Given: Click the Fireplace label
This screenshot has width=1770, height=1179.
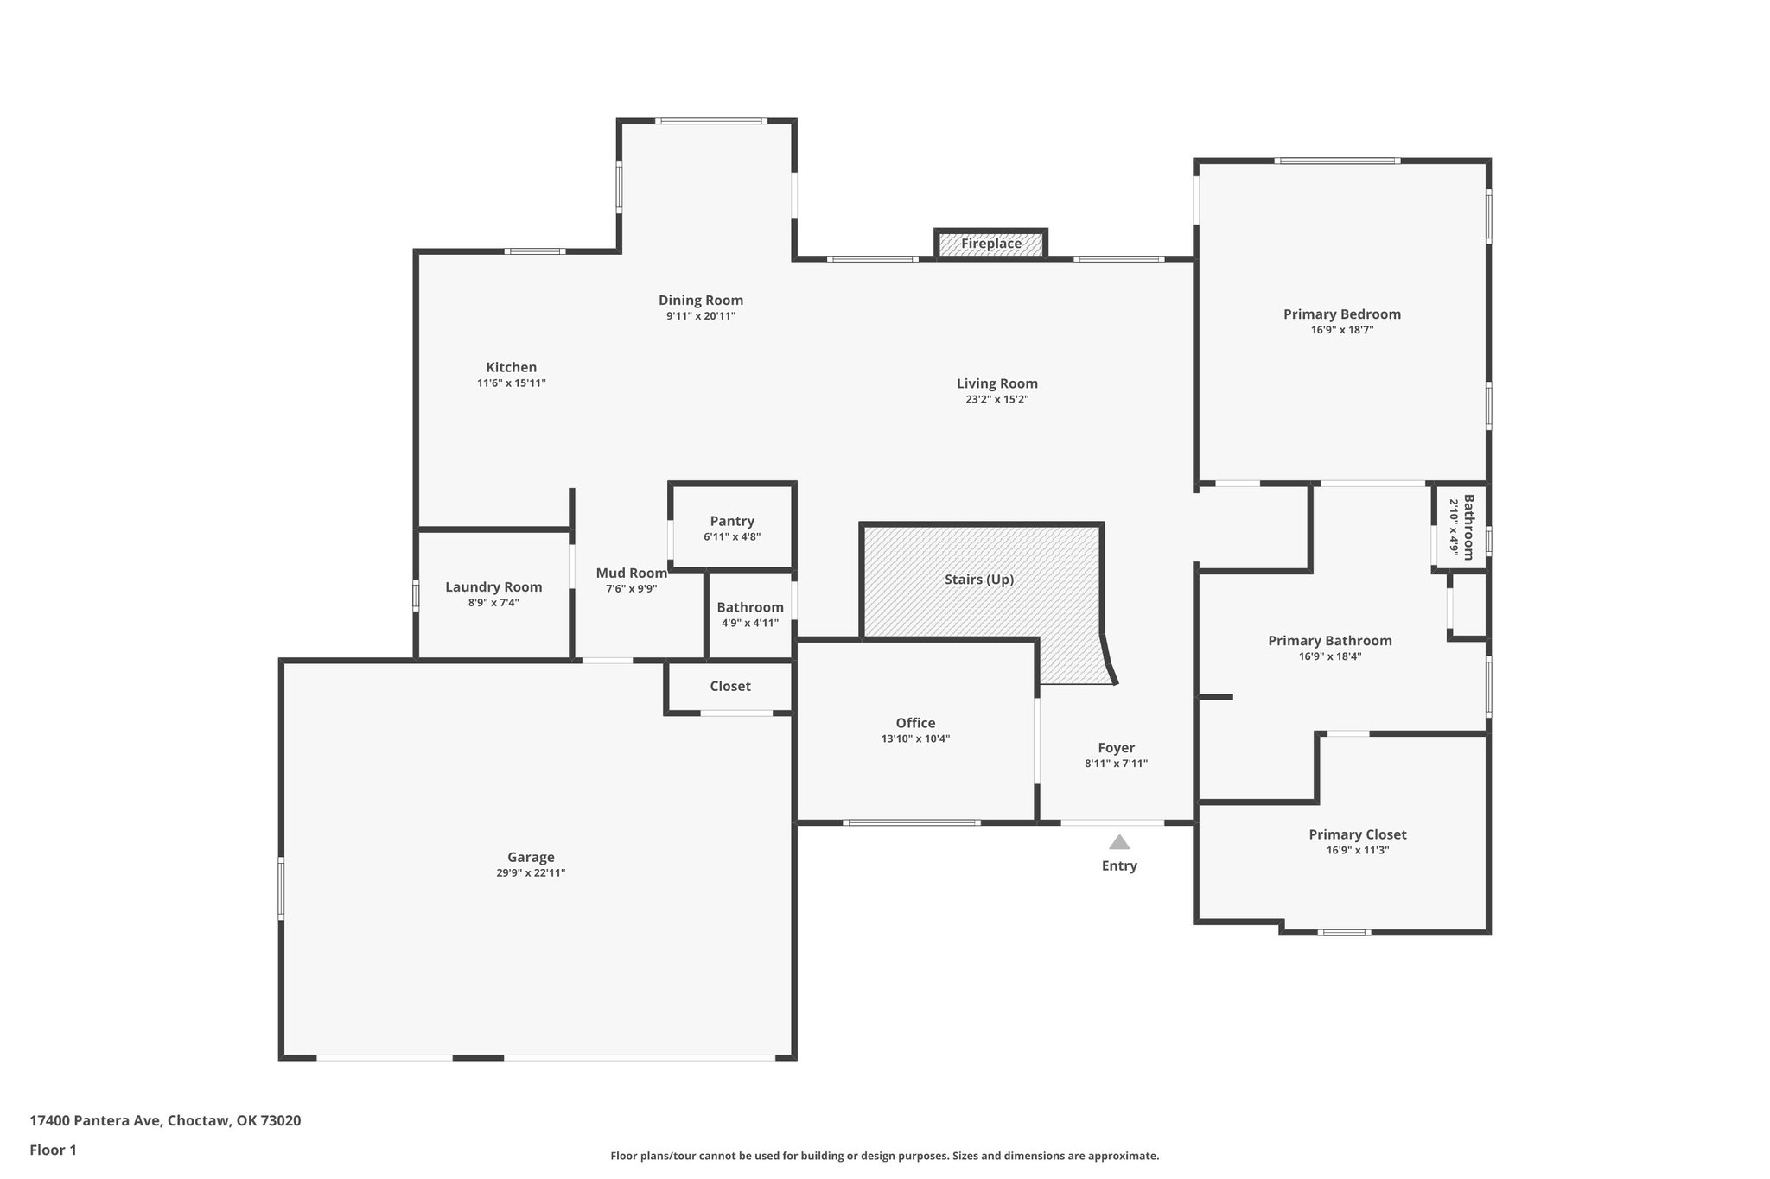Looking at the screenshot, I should point(990,244).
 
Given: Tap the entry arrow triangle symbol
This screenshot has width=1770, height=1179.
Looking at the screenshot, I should point(1119,842).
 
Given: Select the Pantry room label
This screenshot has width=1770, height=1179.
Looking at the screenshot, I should point(732,521).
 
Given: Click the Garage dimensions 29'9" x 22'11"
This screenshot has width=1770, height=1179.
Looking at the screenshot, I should point(531,873).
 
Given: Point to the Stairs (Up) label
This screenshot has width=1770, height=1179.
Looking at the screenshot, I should point(978,579).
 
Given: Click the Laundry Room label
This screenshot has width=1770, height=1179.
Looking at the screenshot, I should point(493,586).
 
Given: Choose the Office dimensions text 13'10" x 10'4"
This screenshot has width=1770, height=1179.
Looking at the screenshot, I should point(915,738).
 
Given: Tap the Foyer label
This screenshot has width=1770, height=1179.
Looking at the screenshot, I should point(1116,747).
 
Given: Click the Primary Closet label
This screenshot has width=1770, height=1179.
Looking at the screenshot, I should point(1357,834).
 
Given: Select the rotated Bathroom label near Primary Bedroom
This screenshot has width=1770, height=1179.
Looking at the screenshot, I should point(1468,527).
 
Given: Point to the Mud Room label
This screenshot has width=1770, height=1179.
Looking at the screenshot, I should point(631,573).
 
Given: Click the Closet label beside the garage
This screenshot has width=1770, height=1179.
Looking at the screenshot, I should point(730,686).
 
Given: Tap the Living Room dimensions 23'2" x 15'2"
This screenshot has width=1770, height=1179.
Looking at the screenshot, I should point(996,399).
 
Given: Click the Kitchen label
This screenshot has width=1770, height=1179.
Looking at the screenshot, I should point(511,367).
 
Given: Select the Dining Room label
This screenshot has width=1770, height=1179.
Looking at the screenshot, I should point(700,300).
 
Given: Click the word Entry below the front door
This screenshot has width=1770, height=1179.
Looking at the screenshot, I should point(1119,865).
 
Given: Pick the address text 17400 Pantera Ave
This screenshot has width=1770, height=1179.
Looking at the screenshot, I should point(96,1120).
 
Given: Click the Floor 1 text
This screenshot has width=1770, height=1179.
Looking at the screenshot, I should point(53,1150).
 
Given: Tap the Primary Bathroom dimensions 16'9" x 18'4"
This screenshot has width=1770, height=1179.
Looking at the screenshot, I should point(1329,656).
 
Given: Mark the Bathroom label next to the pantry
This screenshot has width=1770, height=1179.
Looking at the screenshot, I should point(749,607).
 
